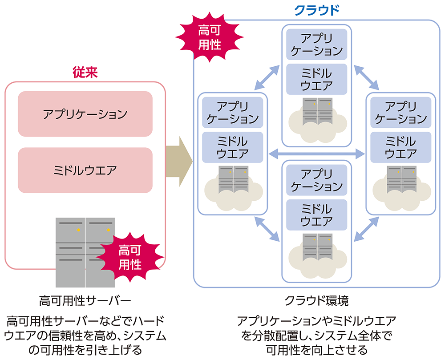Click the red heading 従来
(x=85, y=73)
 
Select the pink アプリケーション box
(x=85, y=114)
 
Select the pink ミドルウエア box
(x=85, y=170)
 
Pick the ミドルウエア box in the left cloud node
(x=232, y=147)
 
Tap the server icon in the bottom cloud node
(x=317, y=247)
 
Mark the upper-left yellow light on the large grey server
(x=78, y=230)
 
